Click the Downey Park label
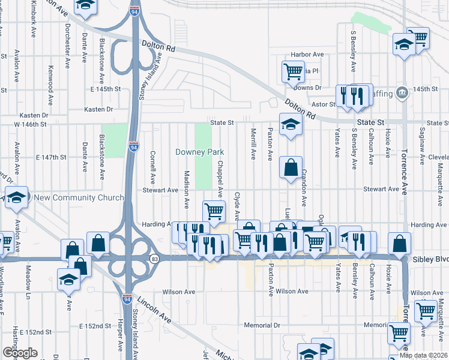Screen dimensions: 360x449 pyautogui.click(x=200, y=152)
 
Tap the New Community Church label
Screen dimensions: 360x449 pyautogui.click(x=79, y=198)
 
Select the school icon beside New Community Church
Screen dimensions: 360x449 pyautogui.click(x=17, y=197)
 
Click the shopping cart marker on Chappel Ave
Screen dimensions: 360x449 pyautogui.click(x=214, y=211)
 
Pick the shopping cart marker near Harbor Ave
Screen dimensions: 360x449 pyautogui.click(x=293, y=71)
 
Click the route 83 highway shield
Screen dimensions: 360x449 pyautogui.click(x=155, y=258)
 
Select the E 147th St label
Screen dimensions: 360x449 pyautogui.click(x=50, y=157)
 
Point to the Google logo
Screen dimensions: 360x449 pyautogui.click(x=19, y=353)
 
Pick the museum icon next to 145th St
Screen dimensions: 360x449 pyautogui.click(x=402, y=92)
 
